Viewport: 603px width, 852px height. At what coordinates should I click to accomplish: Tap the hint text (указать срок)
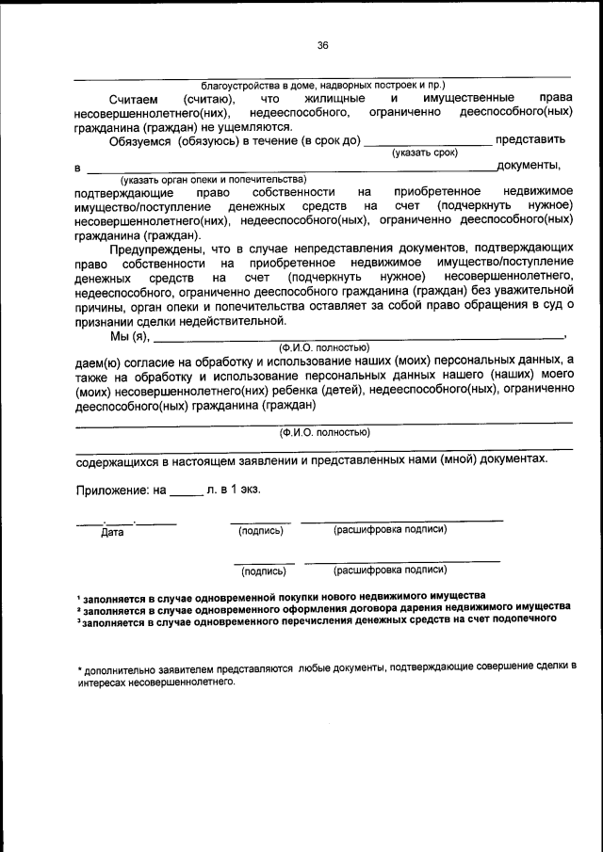(x=425, y=152)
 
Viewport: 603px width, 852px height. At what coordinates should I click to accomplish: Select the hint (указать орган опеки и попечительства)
(x=213, y=179)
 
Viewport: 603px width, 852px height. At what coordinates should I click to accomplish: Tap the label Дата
(x=112, y=532)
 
